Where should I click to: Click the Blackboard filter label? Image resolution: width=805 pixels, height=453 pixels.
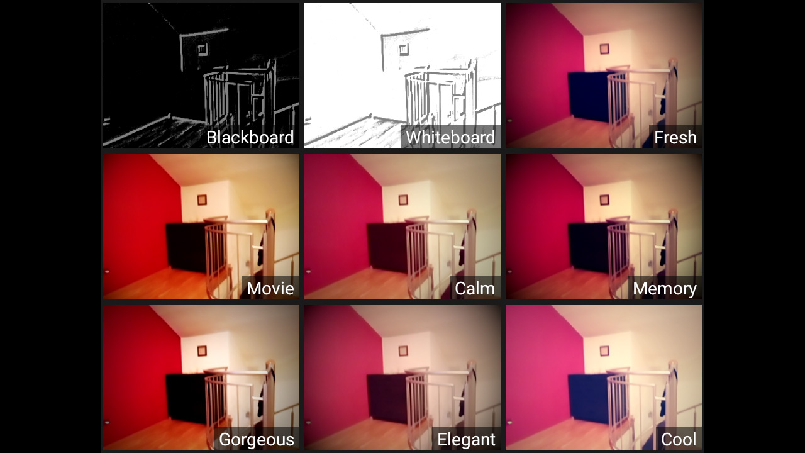coord(250,138)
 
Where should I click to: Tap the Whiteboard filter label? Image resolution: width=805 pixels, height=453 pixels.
coord(450,138)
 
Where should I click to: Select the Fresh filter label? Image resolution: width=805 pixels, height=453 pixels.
coord(675,138)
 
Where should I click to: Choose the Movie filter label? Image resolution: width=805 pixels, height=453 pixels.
coord(270,289)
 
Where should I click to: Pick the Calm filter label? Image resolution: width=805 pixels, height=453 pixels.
coord(474,289)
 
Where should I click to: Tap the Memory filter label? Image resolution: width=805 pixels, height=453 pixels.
coord(664,289)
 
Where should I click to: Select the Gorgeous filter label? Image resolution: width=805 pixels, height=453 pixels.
coord(256,440)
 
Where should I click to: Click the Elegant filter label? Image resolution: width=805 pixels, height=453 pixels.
coord(466,440)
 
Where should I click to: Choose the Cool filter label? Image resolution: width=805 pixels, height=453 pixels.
coord(679,440)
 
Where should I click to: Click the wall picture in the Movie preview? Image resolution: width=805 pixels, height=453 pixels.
coord(202,200)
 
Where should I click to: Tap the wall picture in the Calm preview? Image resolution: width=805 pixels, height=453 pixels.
coord(403,200)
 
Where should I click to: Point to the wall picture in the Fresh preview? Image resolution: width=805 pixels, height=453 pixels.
coord(604,49)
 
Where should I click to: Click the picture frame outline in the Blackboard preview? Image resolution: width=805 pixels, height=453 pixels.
coord(202,49)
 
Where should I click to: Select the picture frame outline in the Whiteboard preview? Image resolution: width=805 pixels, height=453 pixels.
coord(403,49)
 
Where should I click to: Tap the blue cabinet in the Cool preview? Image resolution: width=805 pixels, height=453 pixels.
coord(588,399)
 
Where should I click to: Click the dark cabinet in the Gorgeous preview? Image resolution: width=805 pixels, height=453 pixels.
coord(186,399)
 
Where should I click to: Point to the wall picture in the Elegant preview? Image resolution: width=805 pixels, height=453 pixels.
coord(403,351)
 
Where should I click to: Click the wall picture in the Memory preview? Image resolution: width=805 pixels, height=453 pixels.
coord(604,200)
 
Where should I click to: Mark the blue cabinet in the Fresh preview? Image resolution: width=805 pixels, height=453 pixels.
coord(588,97)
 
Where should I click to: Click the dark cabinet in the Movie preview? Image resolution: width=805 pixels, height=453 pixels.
coord(186,248)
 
